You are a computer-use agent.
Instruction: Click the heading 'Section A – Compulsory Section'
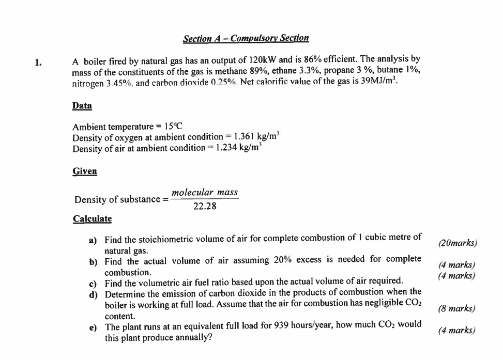tap(246, 38)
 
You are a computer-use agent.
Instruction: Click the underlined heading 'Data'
tap(82, 106)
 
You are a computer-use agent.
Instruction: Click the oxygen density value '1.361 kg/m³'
tap(256, 137)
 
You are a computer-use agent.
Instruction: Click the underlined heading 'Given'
tap(84, 171)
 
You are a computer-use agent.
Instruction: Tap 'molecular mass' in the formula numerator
tap(205, 193)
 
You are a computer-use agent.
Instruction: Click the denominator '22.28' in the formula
tap(205, 207)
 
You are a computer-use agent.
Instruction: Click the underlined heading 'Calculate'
tap(92, 218)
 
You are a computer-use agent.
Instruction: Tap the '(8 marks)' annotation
tap(456, 309)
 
